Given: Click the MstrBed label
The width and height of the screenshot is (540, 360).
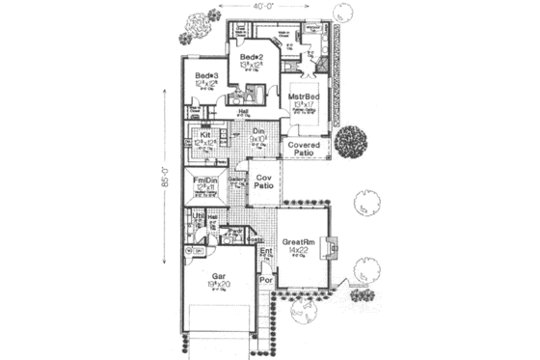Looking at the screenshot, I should (x=308, y=98).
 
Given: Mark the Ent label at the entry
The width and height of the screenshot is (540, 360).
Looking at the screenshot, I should (x=267, y=251).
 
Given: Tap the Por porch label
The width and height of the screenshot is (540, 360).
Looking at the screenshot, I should (x=266, y=287).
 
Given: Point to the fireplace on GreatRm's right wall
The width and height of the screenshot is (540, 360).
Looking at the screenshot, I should (x=334, y=246).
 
